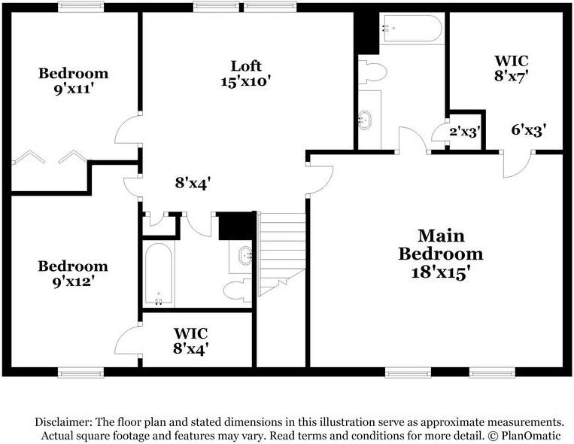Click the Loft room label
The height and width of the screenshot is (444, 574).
(246, 66)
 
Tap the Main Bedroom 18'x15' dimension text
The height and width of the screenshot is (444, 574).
(441, 272)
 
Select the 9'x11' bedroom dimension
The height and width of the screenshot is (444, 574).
(72, 89)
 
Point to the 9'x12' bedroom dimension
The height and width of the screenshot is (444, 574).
(73, 281)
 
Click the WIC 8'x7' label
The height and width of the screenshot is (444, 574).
(512, 68)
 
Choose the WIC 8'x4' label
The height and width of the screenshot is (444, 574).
(191, 341)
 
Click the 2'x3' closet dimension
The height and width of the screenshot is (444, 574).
(465, 131)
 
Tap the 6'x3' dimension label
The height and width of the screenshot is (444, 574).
(529, 129)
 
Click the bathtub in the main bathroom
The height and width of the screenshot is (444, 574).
(412, 28)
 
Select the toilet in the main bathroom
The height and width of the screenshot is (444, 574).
(372, 71)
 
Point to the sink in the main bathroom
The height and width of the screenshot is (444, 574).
(365, 120)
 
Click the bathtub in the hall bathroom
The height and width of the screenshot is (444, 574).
(159, 273)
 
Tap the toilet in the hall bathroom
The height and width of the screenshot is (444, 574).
(237, 290)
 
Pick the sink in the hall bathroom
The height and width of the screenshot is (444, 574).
(245, 255)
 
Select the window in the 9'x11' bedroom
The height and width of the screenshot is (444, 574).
(81, 7)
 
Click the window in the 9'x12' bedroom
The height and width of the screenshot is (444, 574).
(81, 373)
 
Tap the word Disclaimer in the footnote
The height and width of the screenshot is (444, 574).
(63, 422)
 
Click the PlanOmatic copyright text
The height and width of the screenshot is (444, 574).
(524, 436)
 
